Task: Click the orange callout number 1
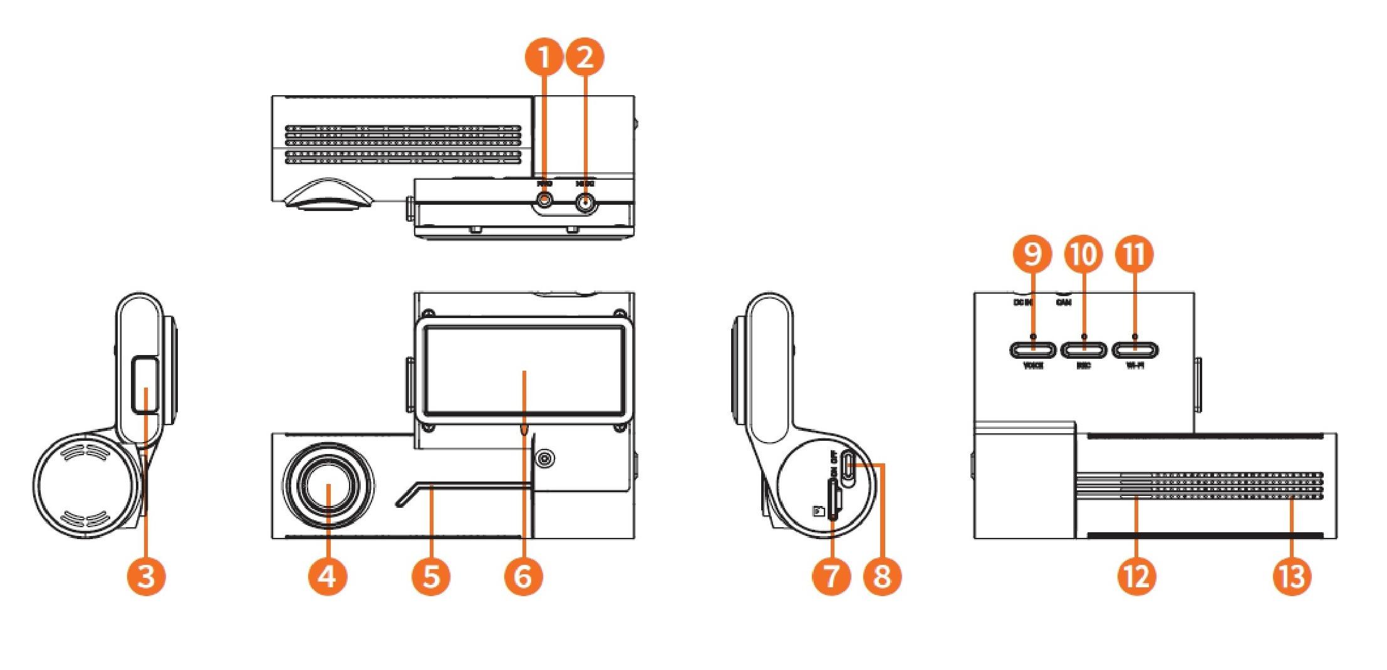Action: pyautogui.click(x=543, y=58)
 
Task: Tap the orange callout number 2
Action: pyautogui.click(x=585, y=58)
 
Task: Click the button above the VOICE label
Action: pyautogui.click(x=1032, y=349)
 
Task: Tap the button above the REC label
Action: pyautogui.click(x=1084, y=349)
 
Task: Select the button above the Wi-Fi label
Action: pyautogui.click(x=1135, y=349)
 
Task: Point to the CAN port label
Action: pyautogui.click(x=1063, y=302)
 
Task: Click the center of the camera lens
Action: pyautogui.click(x=328, y=489)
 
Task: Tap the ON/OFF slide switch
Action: pyautogui.click(x=849, y=469)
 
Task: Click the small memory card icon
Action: pyautogui.click(x=818, y=512)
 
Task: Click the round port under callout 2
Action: pyautogui.click(x=585, y=203)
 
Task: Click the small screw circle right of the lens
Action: pyautogui.click(x=545, y=460)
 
